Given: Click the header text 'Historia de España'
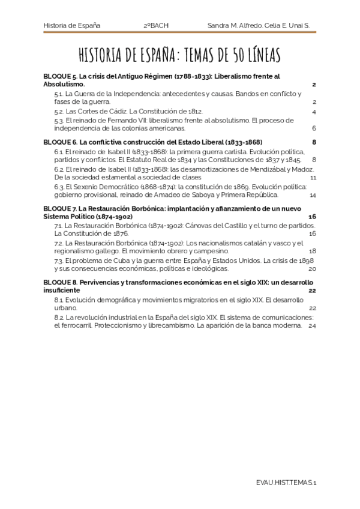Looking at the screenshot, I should click(x=72, y=26).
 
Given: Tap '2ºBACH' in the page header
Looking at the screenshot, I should click(x=157, y=26).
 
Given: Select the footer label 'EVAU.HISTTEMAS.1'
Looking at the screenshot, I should click(x=286, y=482).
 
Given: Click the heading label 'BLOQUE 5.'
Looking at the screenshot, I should click(x=61, y=77).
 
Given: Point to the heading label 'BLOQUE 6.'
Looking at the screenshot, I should click(x=61, y=142).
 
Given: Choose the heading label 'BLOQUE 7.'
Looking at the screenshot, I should click(x=61, y=208).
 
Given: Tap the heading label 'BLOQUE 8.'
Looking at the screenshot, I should click(x=61, y=282).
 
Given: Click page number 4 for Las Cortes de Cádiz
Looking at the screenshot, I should click(x=314, y=112).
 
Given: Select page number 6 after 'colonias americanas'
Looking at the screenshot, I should click(x=314, y=128).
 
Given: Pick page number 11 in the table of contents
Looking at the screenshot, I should click(x=313, y=178).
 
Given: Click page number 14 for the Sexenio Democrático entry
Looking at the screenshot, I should click(x=313, y=195).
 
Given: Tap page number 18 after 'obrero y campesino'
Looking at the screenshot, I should click(x=313, y=251).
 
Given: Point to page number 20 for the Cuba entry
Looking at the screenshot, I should click(x=312, y=268).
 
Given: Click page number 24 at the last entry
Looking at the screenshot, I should click(x=312, y=325).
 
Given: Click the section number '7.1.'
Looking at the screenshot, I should click(x=59, y=225).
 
